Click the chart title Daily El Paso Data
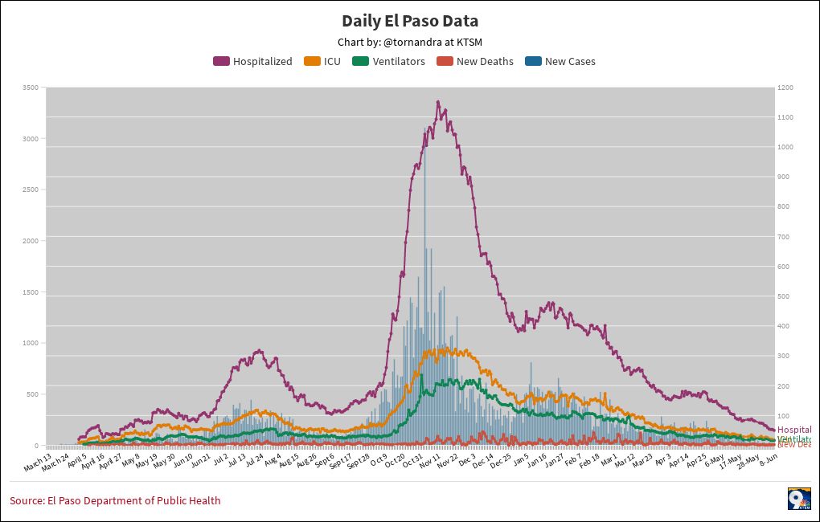pos(410,21)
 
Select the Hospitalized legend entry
pos(253,61)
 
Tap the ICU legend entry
pos(322,61)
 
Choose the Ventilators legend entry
pos(389,61)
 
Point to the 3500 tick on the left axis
pos(31,88)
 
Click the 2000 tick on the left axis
pos(31,241)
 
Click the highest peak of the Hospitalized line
pos(437,102)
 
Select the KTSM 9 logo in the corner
pos(798,498)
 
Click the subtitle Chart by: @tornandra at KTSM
pos(410,42)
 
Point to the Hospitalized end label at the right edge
pos(794,430)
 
